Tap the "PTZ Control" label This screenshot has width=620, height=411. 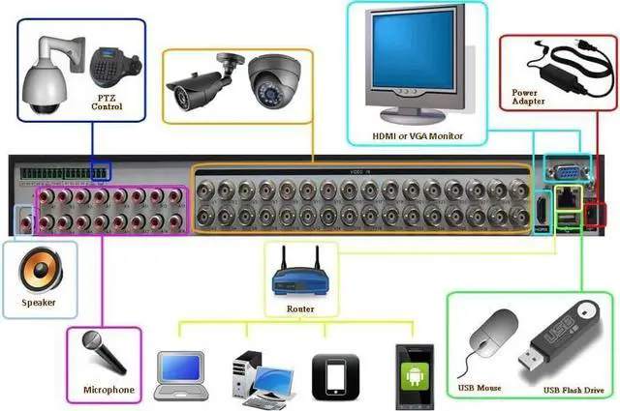pyautogui.click(x=107, y=103)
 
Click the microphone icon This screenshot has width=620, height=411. pyautogui.click(x=105, y=356)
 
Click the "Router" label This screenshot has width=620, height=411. pyautogui.click(x=300, y=309)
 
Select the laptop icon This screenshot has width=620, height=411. pyautogui.click(x=184, y=372)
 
